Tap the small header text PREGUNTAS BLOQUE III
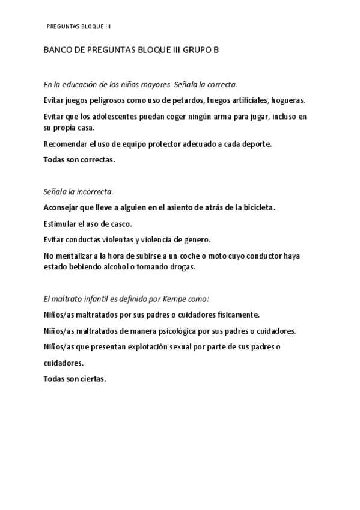tap(79, 26)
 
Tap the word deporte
tap(254, 144)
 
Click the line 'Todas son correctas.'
tap(79, 160)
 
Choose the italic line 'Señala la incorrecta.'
tap(78, 192)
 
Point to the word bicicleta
tap(256, 207)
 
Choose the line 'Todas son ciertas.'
tap(75, 379)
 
